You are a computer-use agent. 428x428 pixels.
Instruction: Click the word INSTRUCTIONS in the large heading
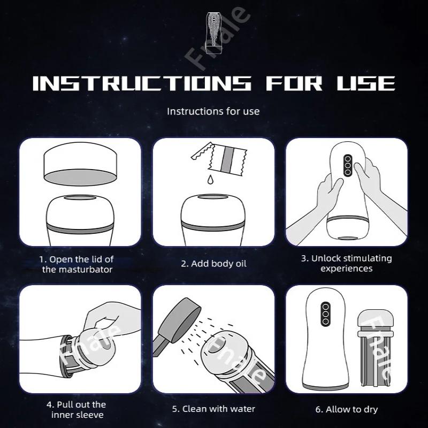(142, 83)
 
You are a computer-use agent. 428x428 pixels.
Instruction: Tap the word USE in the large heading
(366, 83)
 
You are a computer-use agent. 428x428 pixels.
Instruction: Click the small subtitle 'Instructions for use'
(213, 111)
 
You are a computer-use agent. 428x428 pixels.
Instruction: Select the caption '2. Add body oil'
(213, 264)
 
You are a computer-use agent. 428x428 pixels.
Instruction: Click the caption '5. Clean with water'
(213, 409)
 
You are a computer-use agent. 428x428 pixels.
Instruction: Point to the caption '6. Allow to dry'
(347, 409)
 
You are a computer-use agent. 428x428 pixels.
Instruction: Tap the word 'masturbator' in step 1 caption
(86, 270)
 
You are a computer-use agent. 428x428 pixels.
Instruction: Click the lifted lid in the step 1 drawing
(80, 164)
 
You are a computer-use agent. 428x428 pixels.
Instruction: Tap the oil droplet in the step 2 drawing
(210, 180)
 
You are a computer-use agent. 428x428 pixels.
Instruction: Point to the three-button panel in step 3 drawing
(347, 165)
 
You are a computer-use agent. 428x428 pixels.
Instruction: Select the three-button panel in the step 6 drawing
(325, 314)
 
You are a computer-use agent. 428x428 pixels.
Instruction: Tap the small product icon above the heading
(214, 33)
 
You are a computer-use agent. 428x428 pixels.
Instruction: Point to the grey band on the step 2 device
(213, 226)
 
